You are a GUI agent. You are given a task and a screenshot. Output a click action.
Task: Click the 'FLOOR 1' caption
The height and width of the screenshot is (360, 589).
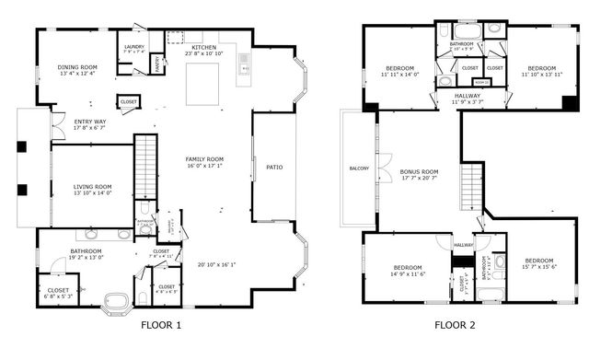point(161,325)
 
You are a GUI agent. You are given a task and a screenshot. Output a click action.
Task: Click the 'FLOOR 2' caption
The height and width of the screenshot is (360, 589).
point(455,325)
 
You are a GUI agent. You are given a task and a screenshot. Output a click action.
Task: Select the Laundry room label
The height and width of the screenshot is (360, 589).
point(133,50)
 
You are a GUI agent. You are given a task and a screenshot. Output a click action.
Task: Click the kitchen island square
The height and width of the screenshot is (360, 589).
point(203,84)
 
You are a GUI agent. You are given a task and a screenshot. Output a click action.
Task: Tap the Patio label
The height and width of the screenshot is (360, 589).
point(274,167)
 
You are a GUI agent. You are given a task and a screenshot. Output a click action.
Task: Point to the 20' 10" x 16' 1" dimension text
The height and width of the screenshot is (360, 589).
point(216,264)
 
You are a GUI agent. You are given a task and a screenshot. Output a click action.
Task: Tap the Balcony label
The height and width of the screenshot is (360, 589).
point(359,168)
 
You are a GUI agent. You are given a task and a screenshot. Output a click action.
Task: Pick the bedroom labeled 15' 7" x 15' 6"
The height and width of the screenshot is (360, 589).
point(538,263)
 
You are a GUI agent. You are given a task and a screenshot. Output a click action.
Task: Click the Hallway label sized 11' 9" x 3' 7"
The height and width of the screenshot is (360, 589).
point(468,98)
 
